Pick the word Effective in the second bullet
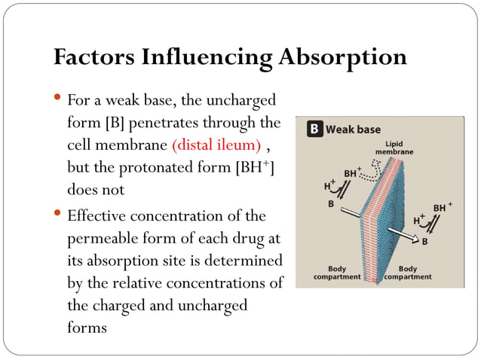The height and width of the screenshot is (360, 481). click(95, 217)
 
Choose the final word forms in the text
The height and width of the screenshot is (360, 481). click(87, 328)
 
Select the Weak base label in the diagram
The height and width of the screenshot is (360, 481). click(353, 130)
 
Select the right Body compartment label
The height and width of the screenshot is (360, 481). click(408, 272)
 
